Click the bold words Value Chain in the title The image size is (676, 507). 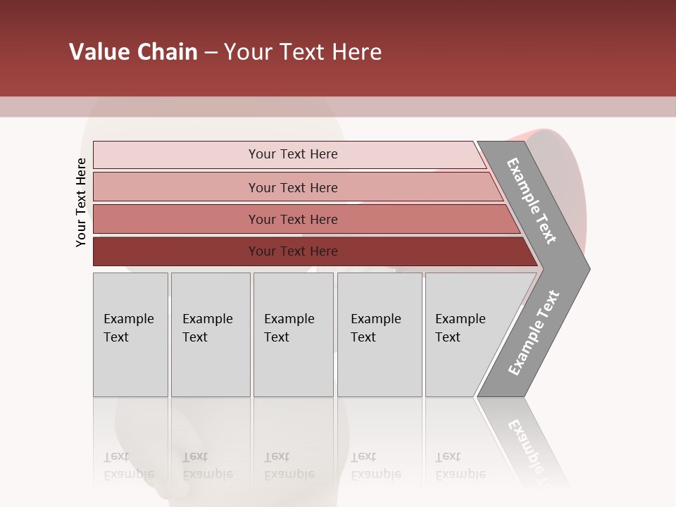[133, 52]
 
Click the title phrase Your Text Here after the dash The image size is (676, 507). [303, 52]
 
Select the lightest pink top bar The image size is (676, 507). [176, 155]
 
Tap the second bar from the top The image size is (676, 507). [176, 187]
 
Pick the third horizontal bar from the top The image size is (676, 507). [176, 219]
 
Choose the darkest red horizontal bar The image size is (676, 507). [176, 251]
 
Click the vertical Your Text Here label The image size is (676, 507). [81, 202]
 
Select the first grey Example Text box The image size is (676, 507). [130, 334]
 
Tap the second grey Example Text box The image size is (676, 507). [210, 334]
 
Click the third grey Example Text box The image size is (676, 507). [293, 334]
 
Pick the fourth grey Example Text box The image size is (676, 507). [380, 334]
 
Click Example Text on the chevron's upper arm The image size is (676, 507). [532, 201]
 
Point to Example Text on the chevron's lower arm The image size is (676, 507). [533, 332]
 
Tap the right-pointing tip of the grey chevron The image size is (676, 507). [584, 268]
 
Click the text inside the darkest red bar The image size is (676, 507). [293, 251]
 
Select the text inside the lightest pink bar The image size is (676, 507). [293, 154]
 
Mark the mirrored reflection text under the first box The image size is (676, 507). [128, 466]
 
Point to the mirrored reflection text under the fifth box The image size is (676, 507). [460, 466]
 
